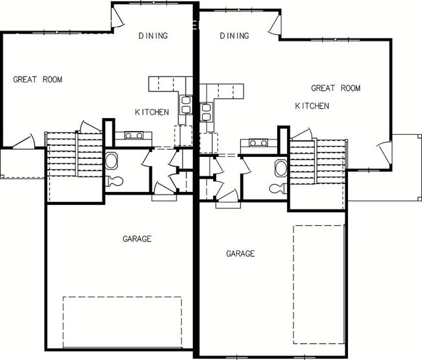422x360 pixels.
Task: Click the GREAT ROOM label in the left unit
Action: click(x=38, y=80)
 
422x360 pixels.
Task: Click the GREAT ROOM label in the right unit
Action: click(x=335, y=88)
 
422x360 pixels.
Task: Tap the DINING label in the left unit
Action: click(x=153, y=36)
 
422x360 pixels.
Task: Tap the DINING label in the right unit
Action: click(x=234, y=36)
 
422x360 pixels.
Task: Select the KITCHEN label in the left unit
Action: click(x=152, y=112)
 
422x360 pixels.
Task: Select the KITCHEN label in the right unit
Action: click(x=312, y=106)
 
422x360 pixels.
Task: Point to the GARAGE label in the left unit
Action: click(x=137, y=239)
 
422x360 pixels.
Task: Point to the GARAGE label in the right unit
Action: click(x=240, y=254)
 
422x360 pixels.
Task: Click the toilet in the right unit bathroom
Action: click(x=279, y=189)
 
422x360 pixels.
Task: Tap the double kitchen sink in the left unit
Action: click(x=185, y=106)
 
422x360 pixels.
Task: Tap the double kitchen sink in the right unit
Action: click(x=207, y=112)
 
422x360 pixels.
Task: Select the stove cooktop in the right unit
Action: click(x=254, y=143)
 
